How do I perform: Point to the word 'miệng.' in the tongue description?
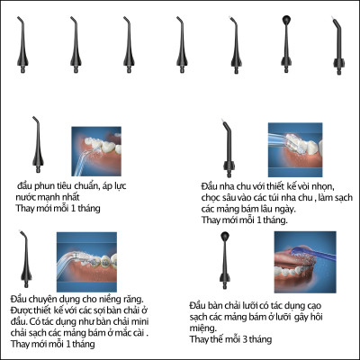point(205,328)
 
